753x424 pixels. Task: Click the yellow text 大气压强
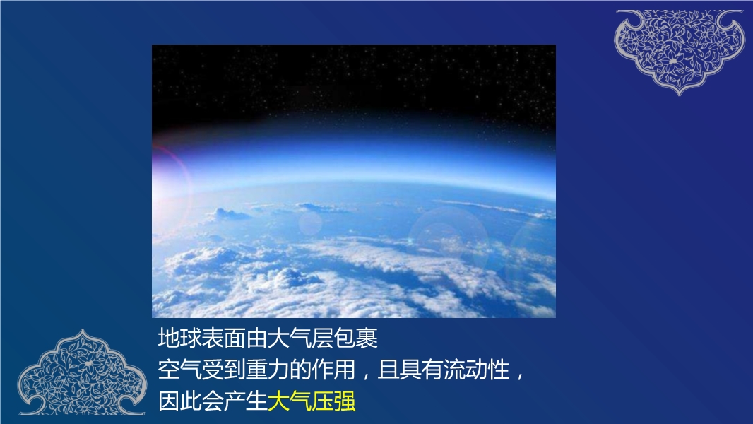tap(312, 401)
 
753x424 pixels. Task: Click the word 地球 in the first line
tap(180, 338)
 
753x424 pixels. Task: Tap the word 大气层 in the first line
tap(301, 338)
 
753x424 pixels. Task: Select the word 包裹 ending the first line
tap(356, 338)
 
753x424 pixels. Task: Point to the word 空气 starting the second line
tap(180, 370)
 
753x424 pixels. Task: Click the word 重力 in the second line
tap(268, 370)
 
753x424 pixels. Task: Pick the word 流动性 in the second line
tap(476, 370)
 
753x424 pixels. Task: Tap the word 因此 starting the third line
tap(180, 401)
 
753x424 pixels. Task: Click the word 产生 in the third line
tap(246, 401)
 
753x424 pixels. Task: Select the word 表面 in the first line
tap(224, 338)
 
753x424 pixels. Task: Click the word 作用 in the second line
tap(333, 370)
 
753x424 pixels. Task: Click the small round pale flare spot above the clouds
tap(310, 223)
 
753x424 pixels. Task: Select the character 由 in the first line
tap(257, 338)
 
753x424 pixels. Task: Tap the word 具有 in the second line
tap(422, 370)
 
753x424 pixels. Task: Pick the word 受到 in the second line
tap(224, 370)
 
